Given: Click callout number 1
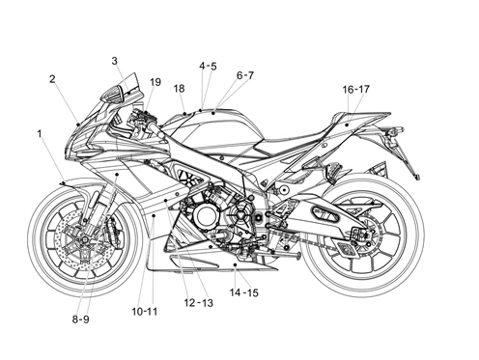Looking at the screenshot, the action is [40, 133].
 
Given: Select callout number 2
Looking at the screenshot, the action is [52, 79].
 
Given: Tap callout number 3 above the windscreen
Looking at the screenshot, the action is [115, 61].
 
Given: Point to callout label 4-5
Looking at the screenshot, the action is [208, 67].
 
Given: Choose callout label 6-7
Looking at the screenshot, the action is [245, 75].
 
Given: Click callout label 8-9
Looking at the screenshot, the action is [80, 319].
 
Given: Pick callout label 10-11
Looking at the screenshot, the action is [145, 312].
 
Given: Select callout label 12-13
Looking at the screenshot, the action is [198, 303].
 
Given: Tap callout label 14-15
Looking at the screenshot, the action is [243, 292].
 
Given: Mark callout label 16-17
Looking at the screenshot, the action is [355, 89].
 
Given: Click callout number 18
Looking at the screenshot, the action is [179, 88].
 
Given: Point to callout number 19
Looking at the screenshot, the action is [155, 82].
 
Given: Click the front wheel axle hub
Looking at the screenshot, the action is [85, 239].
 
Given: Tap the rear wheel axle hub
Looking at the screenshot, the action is [364, 235].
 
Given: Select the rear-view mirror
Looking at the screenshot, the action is [112, 94].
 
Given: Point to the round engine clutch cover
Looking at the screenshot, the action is [204, 216].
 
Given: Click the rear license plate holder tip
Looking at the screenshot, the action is [417, 177].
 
